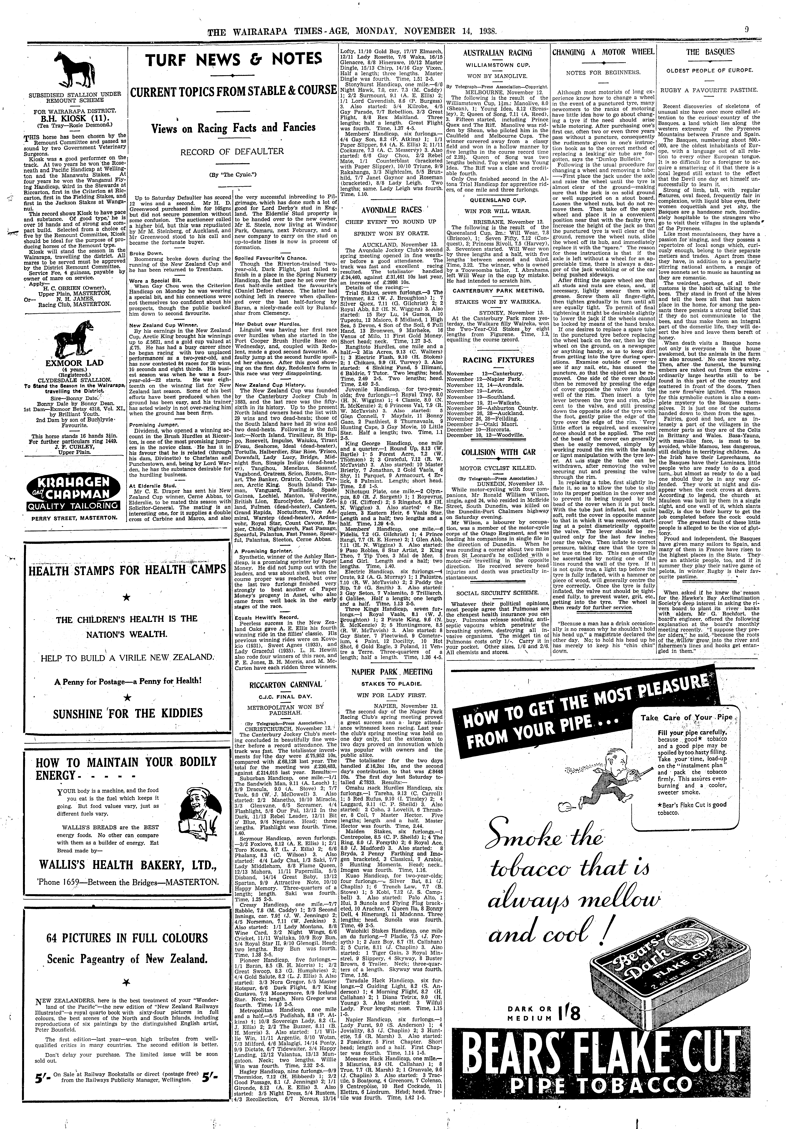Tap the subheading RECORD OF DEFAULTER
(232, 152)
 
